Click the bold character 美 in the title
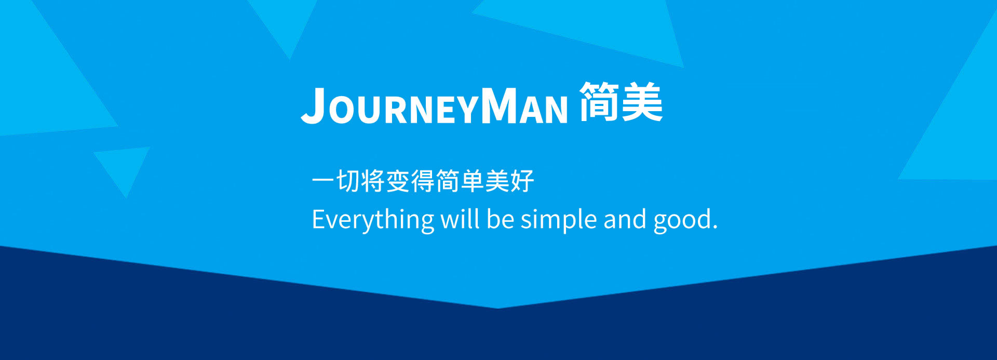pos(642,102)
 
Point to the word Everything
pos(373,220)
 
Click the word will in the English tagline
pos(460,219)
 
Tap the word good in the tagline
pos(682,220)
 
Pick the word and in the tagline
pos(625,219)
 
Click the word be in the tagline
pos(500,219)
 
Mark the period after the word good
pos(715,227)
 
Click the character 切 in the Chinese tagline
pos(348,181)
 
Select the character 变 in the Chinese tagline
pos(398,181)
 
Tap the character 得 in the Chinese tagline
pos(423,181)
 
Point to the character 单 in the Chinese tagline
pos(473,181)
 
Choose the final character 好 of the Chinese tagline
pos(522,181)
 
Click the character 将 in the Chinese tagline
pos(373,181)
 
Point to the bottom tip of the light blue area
pos(497,309)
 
